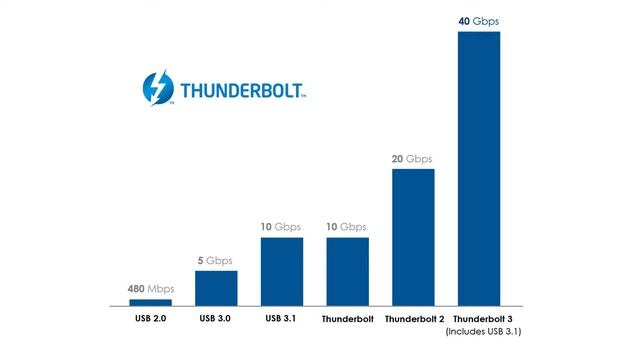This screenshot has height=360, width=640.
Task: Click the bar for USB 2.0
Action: click(150, 302)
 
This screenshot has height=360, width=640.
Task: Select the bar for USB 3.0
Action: click(216, 288)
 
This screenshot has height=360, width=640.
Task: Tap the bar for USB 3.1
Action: click(281, 271)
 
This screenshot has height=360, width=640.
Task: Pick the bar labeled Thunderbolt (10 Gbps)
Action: click(347, 271)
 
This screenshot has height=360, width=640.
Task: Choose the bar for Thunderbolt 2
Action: click(413, 237)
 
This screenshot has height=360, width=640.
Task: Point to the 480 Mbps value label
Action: click(150, 289)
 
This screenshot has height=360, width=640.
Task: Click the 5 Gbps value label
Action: click(216, 260)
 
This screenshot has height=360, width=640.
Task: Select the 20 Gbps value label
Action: click(413, 158)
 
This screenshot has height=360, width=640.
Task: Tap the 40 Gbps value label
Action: click(479, 20)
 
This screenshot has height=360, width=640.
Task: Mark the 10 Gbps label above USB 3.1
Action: click(281, 227)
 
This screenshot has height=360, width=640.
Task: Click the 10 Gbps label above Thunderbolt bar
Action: click(347, 227)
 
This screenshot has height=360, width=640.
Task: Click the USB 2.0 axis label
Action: click(150, 319)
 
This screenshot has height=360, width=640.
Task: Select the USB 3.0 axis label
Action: click(216, 319)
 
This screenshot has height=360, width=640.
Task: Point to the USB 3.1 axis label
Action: click(281, 319)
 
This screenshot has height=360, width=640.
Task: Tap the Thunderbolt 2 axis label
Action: click(413, 320)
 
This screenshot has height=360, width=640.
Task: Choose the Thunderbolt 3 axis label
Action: click(484, 320)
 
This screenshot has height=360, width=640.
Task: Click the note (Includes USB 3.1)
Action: click(484, 332)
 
